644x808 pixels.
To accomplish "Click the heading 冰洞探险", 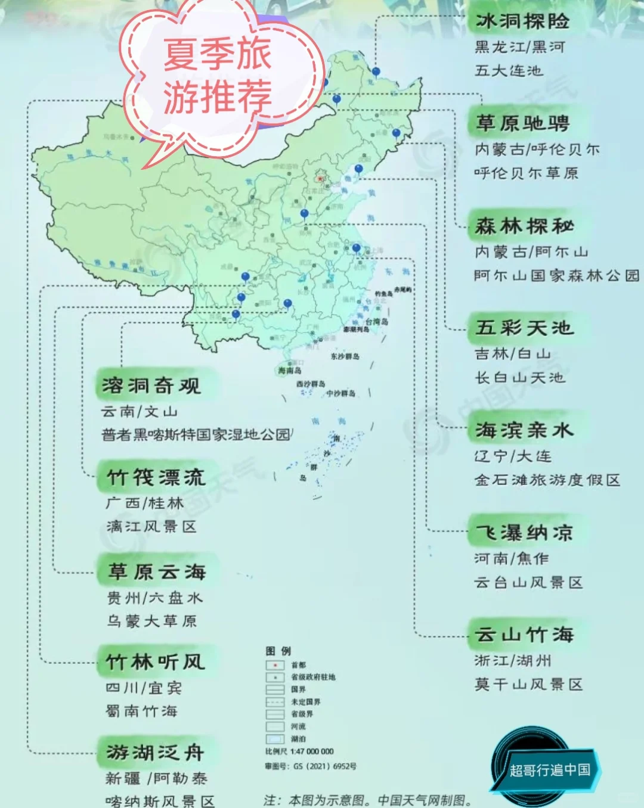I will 522,22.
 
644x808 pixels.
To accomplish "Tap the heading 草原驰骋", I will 522,124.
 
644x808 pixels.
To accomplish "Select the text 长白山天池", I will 519,378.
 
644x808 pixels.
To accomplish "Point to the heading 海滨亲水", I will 524,430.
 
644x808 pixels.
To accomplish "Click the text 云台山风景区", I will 528,583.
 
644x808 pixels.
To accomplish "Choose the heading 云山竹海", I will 524,635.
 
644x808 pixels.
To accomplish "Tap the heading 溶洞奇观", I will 151,386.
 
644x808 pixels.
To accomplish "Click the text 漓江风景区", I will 151,527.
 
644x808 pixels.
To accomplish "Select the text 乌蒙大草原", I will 151,621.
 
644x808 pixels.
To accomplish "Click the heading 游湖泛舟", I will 155,753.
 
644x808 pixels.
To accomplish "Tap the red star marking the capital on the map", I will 320,178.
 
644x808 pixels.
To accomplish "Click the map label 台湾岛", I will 377,322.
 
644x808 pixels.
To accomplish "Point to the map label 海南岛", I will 290,371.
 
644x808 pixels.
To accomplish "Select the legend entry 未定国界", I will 305,702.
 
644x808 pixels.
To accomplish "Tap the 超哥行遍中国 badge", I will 549,769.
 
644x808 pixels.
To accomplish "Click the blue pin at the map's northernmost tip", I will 376,72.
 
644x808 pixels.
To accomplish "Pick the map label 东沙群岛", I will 345,356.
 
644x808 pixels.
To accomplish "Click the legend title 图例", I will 278,651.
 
